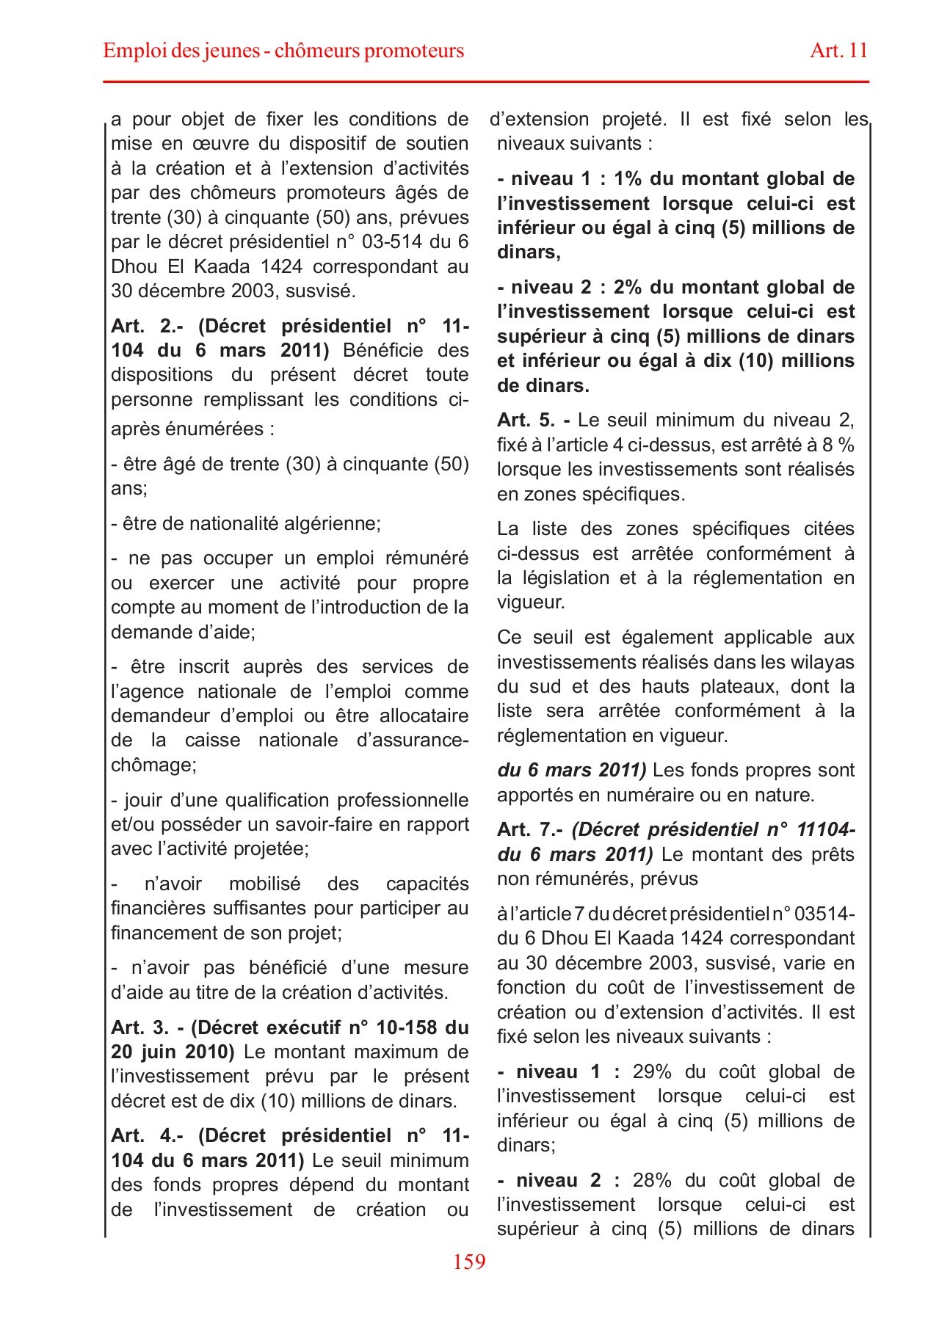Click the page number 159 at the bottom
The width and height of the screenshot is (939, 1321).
[469, 1261]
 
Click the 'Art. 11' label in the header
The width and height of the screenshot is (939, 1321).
[838, 51]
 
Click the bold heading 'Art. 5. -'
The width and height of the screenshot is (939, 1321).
[533, 421]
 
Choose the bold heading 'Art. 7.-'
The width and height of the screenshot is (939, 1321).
[529, 830]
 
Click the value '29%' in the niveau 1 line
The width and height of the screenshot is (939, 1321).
[652, 1072]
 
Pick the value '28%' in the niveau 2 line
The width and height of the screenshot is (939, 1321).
[652, 1181]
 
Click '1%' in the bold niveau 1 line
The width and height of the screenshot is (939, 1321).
[628, 179]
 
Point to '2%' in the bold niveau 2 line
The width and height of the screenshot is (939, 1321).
[628, 288]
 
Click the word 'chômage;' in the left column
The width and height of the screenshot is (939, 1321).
[153, 765]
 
